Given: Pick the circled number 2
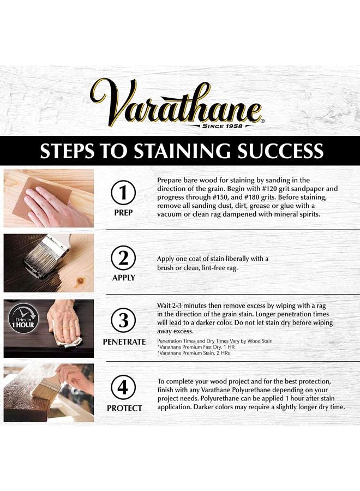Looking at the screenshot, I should click(x=124, y=257).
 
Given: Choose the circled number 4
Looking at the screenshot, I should click(x=124, y=388).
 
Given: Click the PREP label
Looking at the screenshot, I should click(x=124, y=212).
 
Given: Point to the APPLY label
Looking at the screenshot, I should click(x=124, y=277).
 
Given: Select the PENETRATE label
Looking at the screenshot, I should click(x=124, y=342).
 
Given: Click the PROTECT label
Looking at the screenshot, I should click(x=124, y=408).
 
